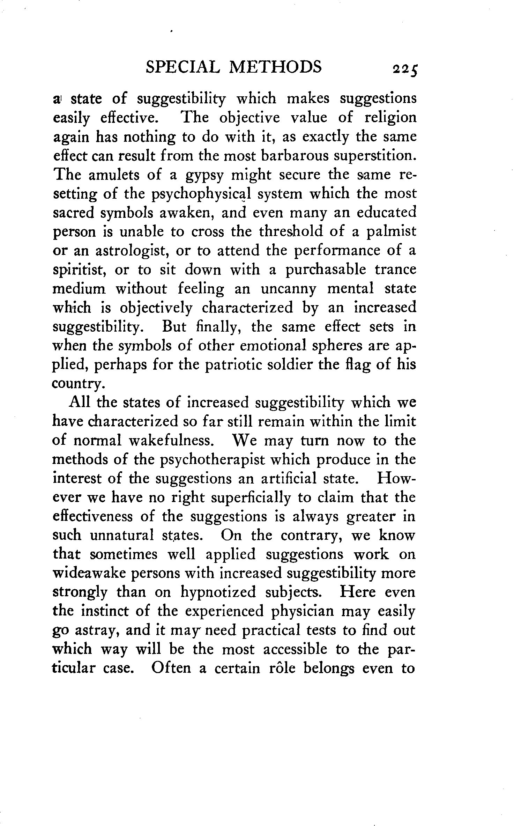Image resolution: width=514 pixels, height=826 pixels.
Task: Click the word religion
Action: [390, 118]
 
